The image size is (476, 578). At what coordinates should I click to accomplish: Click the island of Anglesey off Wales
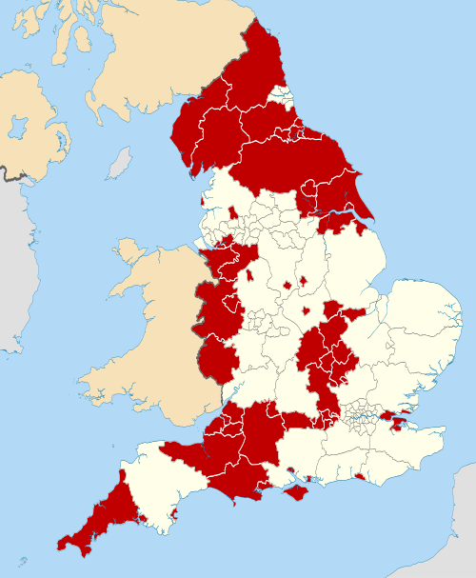tap(129, 252)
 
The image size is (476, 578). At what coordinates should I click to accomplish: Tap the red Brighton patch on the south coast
tap(360, 476)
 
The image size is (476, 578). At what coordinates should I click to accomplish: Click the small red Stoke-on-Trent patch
tap(249, 275)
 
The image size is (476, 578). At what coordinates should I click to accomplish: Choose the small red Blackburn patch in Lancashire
tap(232, 210)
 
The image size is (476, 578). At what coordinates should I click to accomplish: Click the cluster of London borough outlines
tap(362, 415)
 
